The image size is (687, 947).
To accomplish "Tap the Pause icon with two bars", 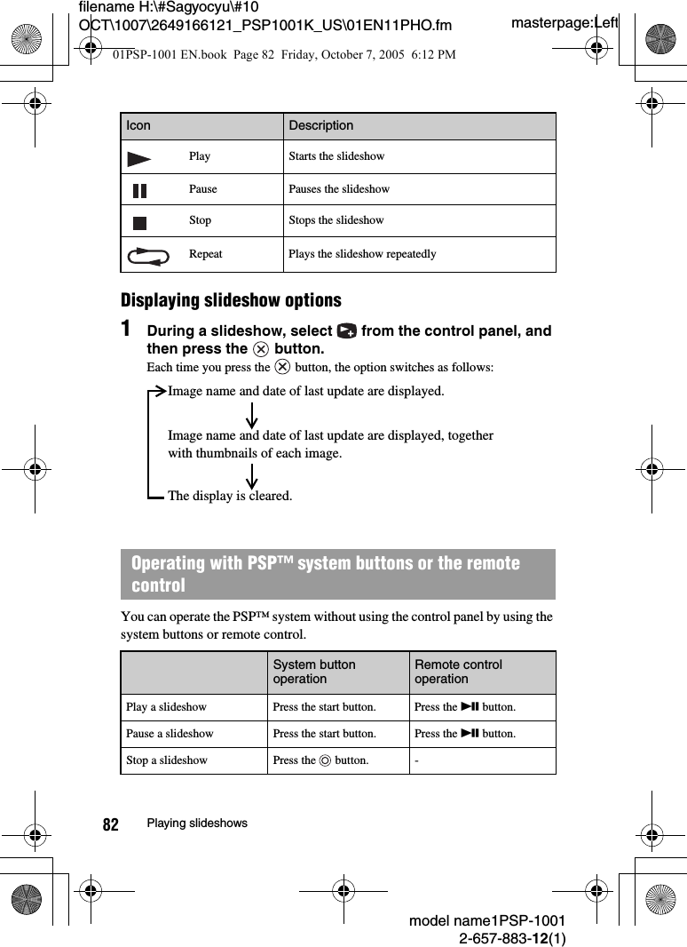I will [140, 190].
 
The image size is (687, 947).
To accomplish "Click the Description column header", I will [320, 125].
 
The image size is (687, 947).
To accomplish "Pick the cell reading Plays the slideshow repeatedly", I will [362, 254].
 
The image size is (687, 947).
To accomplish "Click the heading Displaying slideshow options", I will [231, 300].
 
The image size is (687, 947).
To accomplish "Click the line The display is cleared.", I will [229, 496].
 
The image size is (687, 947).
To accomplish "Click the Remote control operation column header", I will [458, 672].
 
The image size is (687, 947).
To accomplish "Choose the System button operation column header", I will [314, 672].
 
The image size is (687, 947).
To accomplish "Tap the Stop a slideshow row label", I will [167, 760].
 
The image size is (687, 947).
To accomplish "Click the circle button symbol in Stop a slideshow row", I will [325, 761].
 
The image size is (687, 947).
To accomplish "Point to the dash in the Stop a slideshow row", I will [416, 760].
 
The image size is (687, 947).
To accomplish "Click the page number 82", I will [110, 824].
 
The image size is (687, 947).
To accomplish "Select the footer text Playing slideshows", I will [197, 824].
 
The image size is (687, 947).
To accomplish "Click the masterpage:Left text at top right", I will [565, 22].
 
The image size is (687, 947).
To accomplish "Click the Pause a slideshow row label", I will [170, 734].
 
